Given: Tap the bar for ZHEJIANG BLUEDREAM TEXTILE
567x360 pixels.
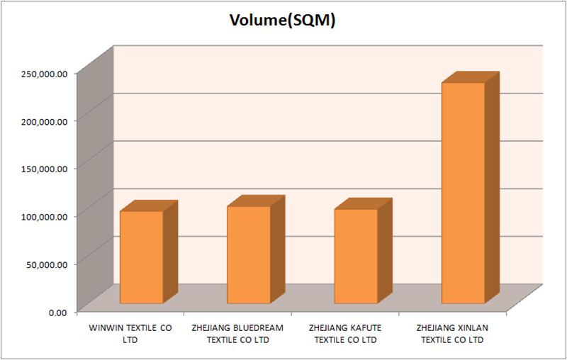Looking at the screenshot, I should pyautogui.click(x=248, y=255).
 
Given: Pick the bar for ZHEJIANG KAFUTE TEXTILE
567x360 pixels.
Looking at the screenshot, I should pyautogui.click(x=356, y=257).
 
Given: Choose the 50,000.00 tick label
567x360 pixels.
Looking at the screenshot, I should pyautogui.click(x=47, y=264).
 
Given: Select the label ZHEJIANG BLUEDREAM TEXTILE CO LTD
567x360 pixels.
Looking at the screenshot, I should pyautogui.click(x=237, y=334).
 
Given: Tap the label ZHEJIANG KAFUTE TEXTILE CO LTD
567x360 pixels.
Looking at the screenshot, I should pyautogui.click(x=346, y=334).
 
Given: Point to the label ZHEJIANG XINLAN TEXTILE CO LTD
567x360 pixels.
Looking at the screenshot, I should pyautogui.click(x=452, y=334).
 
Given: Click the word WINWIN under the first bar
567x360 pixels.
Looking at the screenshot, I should pyautogui.click(x=104, y=328).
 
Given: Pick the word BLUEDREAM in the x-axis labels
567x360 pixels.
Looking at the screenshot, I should pyautogui.click(x=258, y=328).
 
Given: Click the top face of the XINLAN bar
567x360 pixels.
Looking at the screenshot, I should pyautogui.click(x=471, y=77).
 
